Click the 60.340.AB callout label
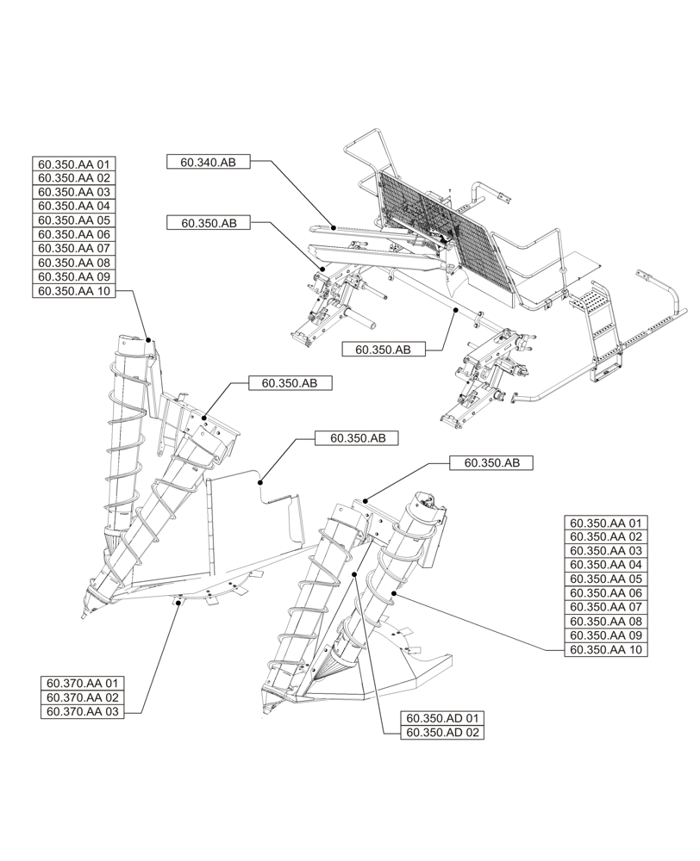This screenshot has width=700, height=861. coord(208,162)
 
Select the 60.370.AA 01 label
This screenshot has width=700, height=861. coord(83,684)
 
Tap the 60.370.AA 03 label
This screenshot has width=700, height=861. coord(83,712)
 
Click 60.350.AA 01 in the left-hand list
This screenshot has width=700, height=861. coord(73,164)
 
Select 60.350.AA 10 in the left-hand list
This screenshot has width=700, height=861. coord(73,292)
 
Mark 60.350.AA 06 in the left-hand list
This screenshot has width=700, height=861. coord(73,235)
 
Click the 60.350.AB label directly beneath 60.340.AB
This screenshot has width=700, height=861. coord(208,223)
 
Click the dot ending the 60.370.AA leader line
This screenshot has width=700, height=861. coord(178,604)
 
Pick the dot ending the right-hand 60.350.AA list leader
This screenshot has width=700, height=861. coord(395,593)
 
